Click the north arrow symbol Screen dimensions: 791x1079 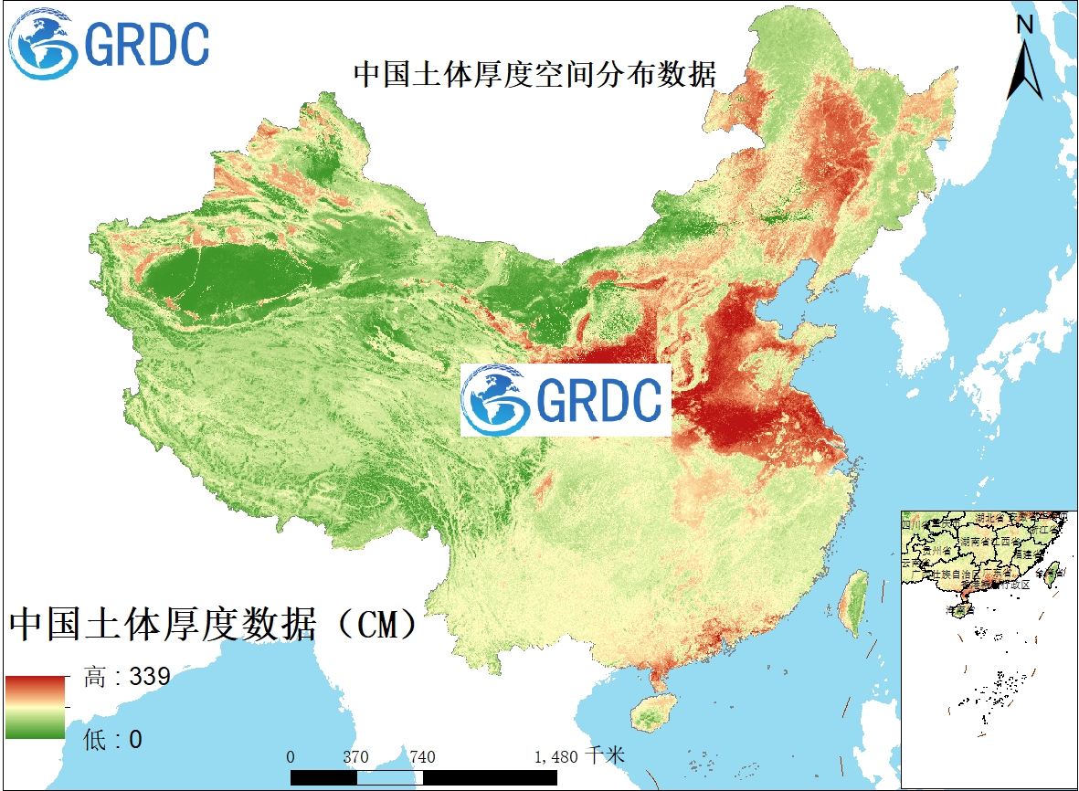click(1025, 69)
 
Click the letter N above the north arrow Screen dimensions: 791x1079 click(1025, 25)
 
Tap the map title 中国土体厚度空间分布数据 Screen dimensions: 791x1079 click(534, 74)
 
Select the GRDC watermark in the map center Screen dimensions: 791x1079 click(566, 400)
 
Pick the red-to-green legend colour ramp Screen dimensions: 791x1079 click(35, 707)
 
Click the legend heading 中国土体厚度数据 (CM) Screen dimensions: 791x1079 click(213, 626)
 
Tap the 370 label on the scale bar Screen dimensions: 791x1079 click(355, 757)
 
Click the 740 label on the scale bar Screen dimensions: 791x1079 click(422, 757)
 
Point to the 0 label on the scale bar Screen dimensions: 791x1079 click(291, 757)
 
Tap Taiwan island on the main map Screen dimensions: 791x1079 click(854, 603)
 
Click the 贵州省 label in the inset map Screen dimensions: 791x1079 click(936, 551)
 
